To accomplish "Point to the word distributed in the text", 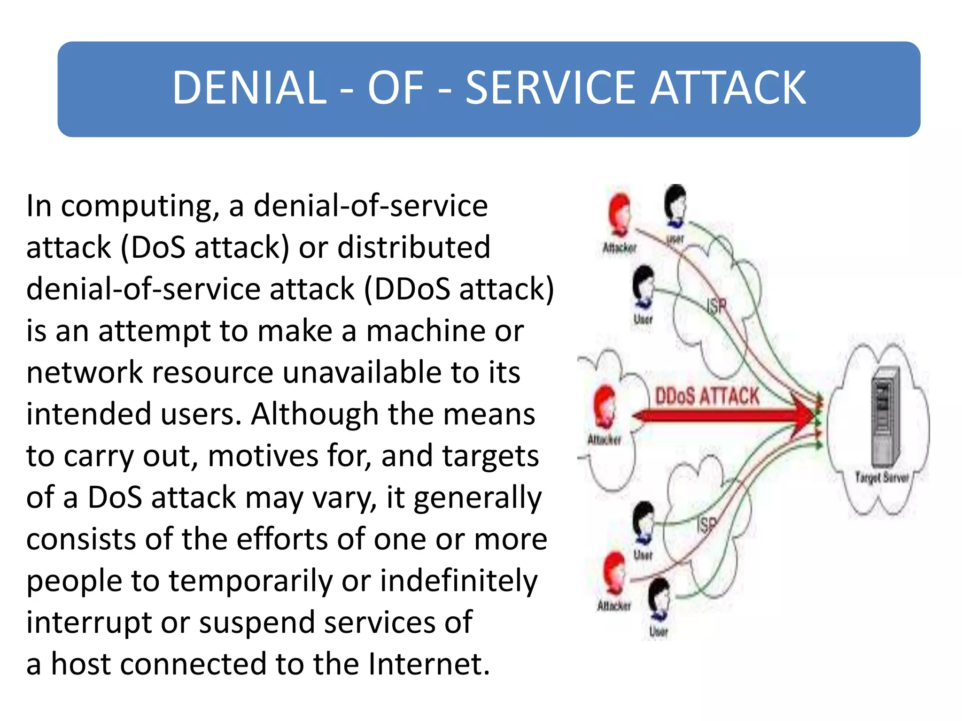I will (414, 247).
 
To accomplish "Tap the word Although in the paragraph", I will (314, 414).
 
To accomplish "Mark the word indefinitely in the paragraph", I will (458, 581).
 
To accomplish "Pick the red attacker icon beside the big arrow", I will (605, 406).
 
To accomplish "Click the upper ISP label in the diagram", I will (717, 307).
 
